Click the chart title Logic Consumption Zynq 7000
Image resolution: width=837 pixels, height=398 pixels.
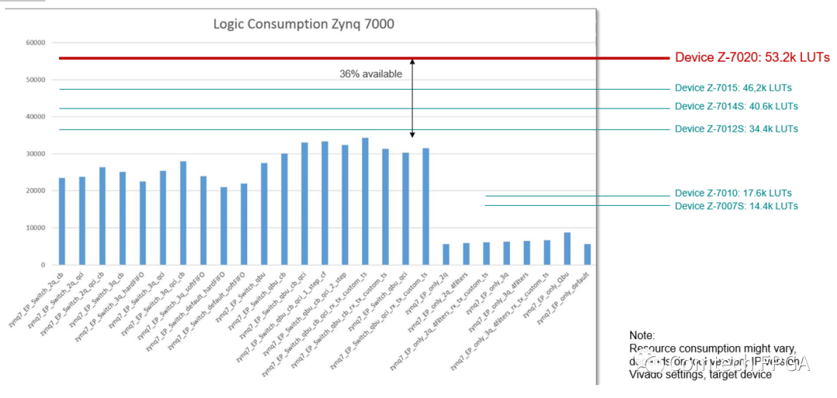pyautogui.click(x=304, y=24)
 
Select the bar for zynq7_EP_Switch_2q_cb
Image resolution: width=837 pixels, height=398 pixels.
pyautogui.click(x=62, y=222)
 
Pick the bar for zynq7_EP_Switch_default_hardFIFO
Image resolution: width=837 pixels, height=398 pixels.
pyautogui.click(x=223, y=226)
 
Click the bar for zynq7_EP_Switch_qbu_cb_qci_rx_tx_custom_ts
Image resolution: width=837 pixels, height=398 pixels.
pyautogui.click(x=365, y=202)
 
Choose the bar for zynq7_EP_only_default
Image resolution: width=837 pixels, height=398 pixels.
pyautogui.click(x=587, y=255)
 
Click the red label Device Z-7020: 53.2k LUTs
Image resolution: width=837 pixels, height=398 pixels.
pyautogui.click(x=753, y=58)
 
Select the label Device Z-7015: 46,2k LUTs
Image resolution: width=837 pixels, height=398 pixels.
pyautogui.click(x=733, y=88)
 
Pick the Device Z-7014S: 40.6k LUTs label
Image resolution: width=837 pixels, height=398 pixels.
pyautogui.click(x=736, y=107)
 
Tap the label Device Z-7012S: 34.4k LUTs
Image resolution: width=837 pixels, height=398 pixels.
pyautogui.click(x=736, y=129)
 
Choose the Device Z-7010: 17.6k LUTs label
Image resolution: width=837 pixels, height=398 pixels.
pyautogui.click(x=733, y=194)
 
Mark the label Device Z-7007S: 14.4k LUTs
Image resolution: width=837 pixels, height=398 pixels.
pyautogui.click(x=736, y=206)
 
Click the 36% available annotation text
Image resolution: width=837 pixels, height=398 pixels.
pyautogui.click(x=370, y=74)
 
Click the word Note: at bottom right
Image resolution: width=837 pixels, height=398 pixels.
pyautogui.click(x=642, y=336)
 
